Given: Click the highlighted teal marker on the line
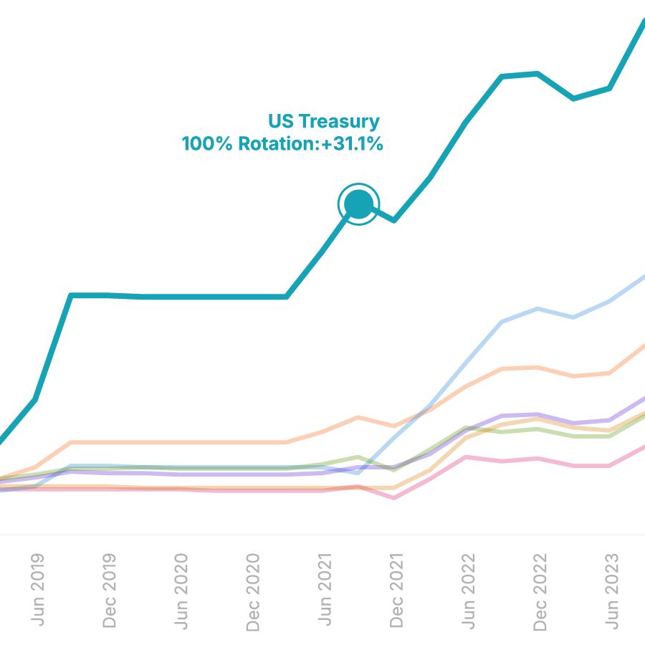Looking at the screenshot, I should point(358,205).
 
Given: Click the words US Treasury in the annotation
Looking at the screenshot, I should point(324,121).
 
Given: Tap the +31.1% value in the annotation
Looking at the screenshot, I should point(352,144).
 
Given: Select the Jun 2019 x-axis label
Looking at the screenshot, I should point(37,589).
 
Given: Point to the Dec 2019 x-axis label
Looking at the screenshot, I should point(109,591).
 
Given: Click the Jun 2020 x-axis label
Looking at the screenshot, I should point(181,591).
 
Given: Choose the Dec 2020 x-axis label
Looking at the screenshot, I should point(252,592).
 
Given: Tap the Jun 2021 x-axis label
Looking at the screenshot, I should point(324,589).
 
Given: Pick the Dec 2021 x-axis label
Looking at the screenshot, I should point(396,591).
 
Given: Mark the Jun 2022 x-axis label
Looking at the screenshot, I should point(467,591).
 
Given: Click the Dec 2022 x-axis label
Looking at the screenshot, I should point(539,592).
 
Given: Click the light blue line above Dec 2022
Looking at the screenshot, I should point(537,309).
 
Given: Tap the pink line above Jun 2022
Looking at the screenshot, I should point(466,457).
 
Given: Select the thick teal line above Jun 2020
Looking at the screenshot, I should point(179,296).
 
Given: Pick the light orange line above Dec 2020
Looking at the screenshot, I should point(251,442).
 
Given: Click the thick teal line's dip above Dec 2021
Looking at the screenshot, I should point(394,219).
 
